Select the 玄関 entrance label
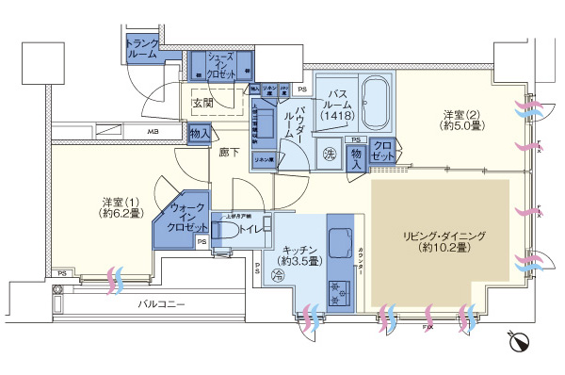click(x=204, y=102)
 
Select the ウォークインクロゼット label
click(x=188, y=217)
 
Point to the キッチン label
click(x=299, y=253)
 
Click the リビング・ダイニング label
click(x=441, y=240)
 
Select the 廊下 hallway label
click(x=229, y=150)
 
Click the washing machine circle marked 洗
click(x=331, y=154)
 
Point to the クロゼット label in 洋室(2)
click(x=382, y=150)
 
